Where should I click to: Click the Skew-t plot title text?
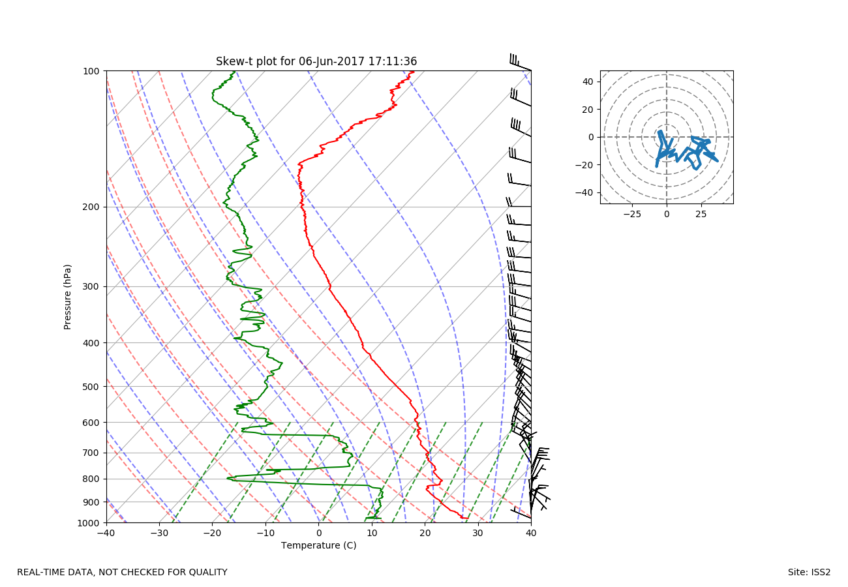(x=316, y=62)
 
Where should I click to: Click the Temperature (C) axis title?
(x=318, y=545)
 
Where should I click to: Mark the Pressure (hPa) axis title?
(x=68, y=297)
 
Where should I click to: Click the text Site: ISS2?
(x=809, y=573)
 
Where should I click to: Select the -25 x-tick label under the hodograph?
(x=631, y=214)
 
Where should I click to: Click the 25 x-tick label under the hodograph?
(x=701, y=214)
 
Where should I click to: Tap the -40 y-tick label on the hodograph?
(x=586, y=192)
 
